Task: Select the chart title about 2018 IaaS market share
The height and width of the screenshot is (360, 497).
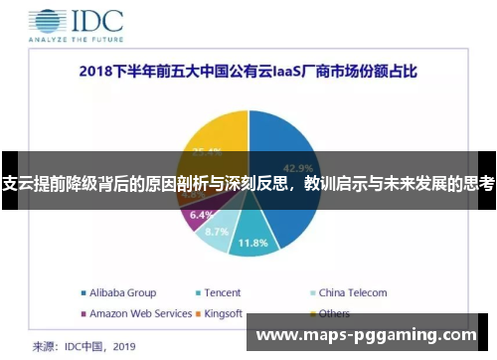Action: click(x=248, y=73)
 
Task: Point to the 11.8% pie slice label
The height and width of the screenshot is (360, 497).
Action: click(x=253, y=242)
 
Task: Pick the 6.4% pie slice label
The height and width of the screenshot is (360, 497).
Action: click(x=201, y=215)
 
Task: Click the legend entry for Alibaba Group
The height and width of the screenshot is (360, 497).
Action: click(x=118, y=292)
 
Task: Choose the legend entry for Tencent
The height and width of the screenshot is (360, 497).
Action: click(x=222, y=292)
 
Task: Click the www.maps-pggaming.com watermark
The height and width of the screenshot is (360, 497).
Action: click(x=367, y=334)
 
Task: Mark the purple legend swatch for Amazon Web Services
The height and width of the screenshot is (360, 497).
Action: click(x=83, y=313)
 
